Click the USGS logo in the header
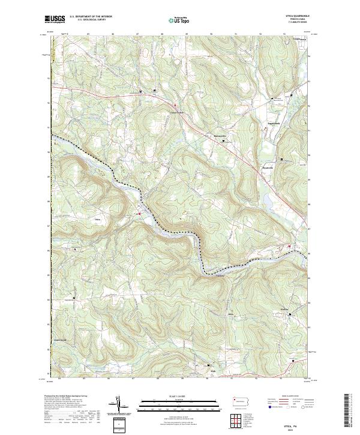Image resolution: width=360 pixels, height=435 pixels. (x=55, y=20)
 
